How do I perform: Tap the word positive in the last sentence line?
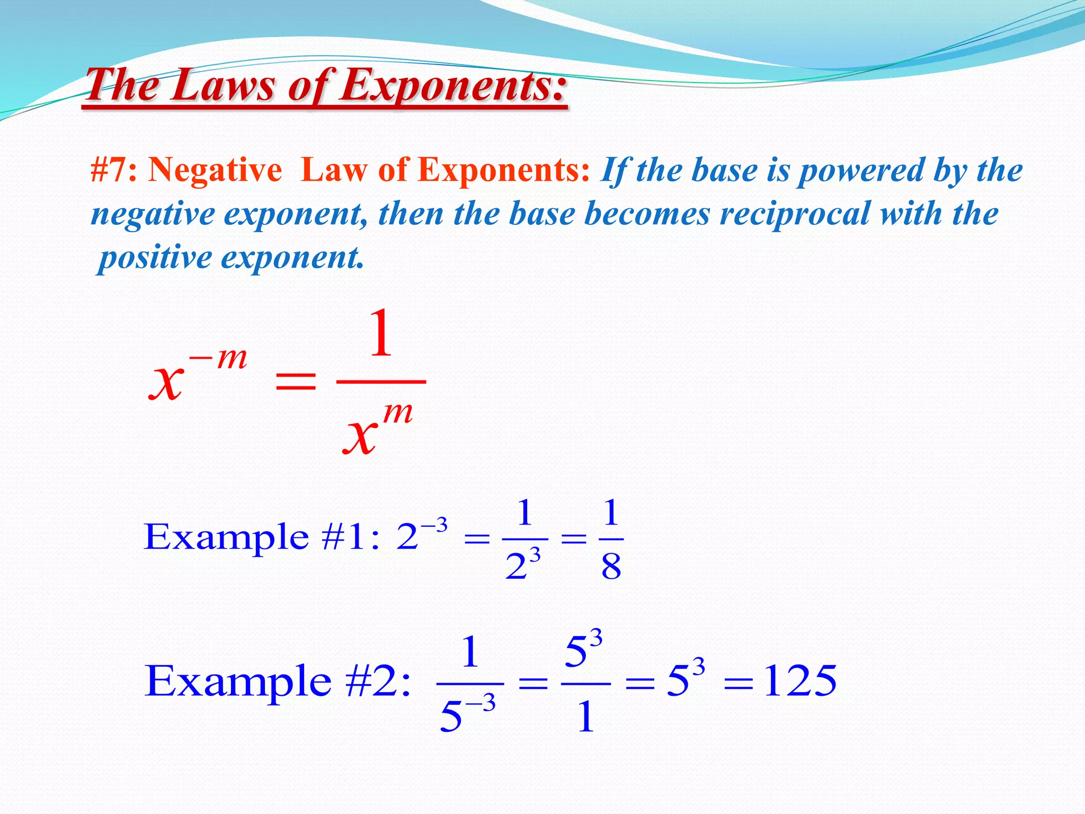point(155,258)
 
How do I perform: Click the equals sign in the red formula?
point(296,381)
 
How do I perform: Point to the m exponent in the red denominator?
point(397,412)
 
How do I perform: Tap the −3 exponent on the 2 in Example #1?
point(434,526)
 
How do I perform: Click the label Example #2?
point(278,681)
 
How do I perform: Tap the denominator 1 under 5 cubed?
point(585,717)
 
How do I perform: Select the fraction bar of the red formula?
point(381,381)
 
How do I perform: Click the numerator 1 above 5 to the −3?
point(470,652)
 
